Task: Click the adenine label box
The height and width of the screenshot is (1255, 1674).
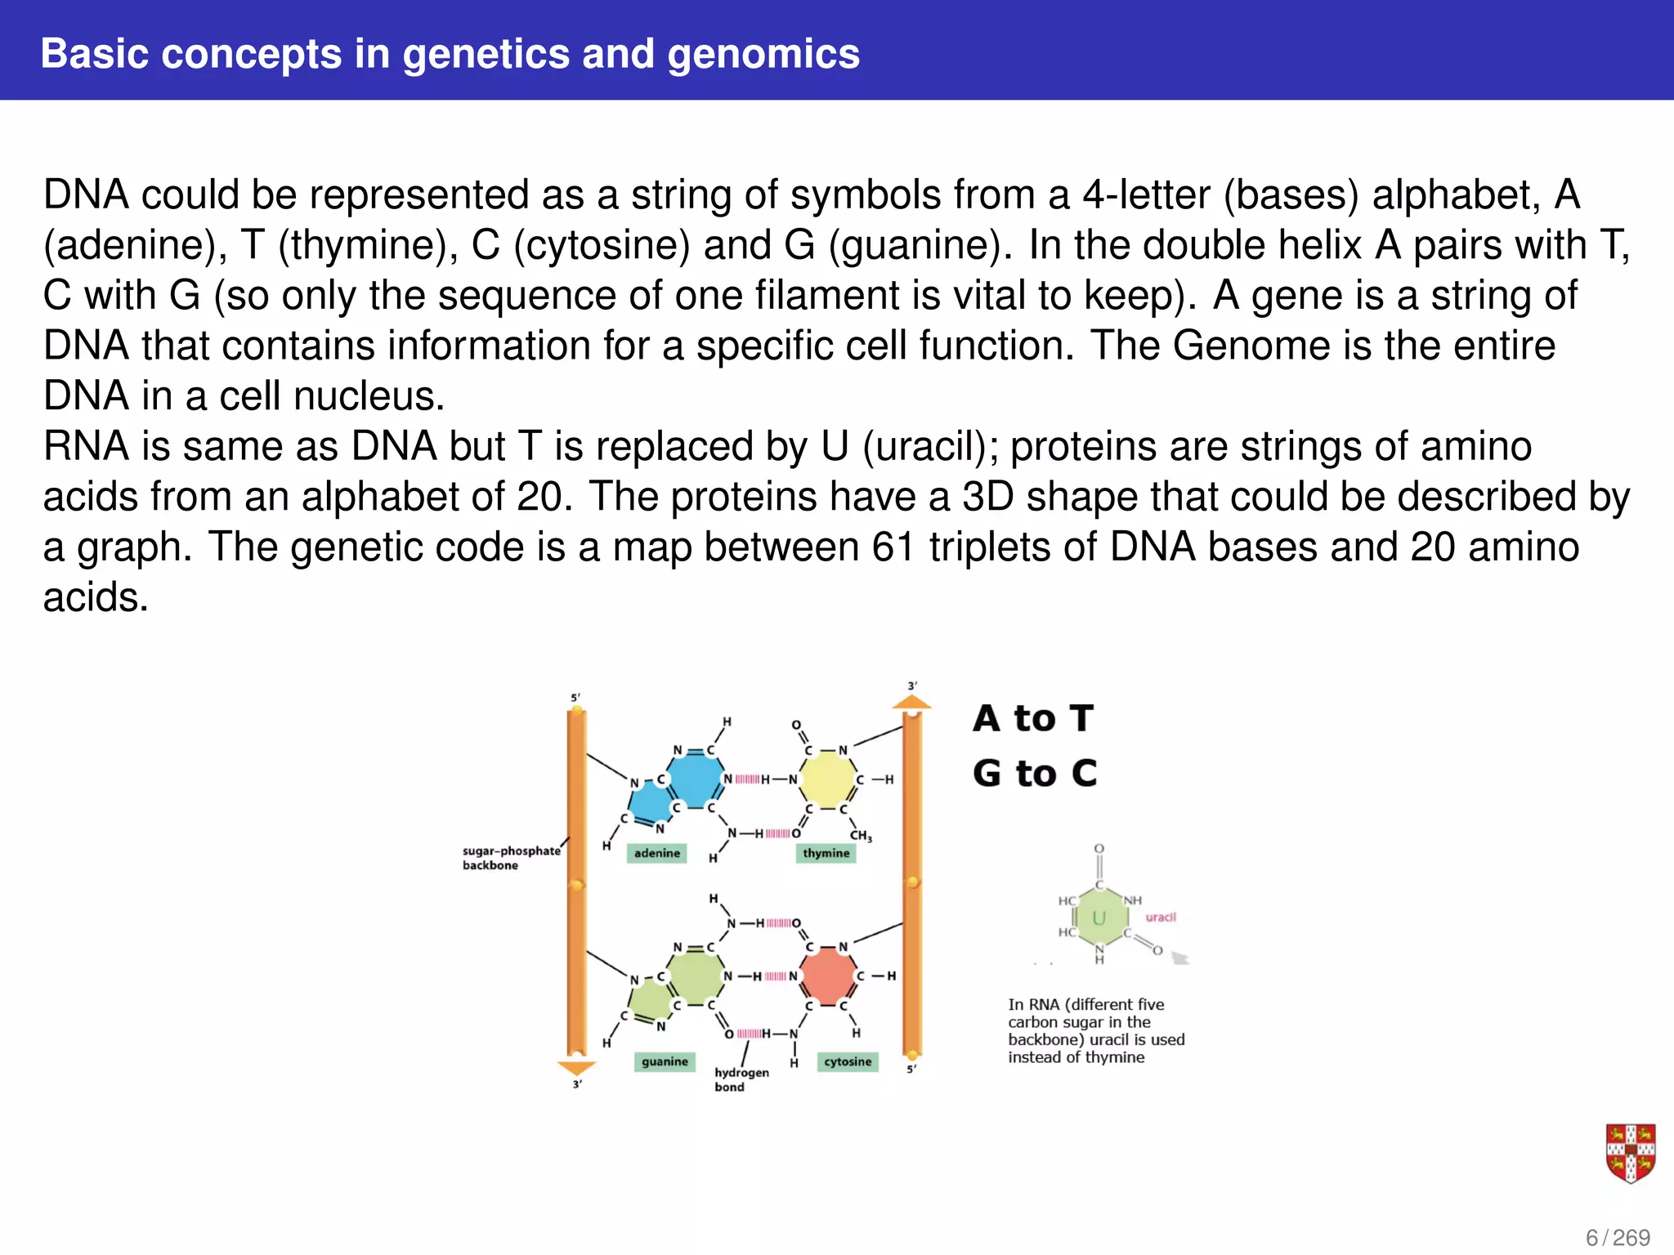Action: (657, 853)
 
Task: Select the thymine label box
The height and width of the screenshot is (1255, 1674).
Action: (826, 853)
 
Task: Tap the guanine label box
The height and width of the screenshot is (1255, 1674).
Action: (665, 1061)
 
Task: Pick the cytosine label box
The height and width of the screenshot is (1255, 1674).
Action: (848, 1061)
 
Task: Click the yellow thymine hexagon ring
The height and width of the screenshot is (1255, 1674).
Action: (827, 779)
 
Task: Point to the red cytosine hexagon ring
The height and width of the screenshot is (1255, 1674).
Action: (827, 976)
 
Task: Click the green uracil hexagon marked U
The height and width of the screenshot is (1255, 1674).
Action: (1099, 918)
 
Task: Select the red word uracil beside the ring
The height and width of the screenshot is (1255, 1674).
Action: (1160, 917)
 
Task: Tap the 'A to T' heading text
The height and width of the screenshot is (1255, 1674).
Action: (1033, 718)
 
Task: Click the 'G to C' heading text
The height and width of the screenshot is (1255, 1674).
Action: (1035, 773)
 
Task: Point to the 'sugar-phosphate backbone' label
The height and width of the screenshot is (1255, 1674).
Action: (510, 858)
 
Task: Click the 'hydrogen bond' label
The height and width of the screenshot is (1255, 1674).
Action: (741, 1079)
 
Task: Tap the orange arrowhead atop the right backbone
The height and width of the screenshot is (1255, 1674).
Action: (911, 702)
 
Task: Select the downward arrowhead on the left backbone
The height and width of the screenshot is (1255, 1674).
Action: (576, 1068)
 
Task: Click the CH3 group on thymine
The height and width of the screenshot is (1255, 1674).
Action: (861, 835)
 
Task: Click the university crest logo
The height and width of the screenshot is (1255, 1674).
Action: (1630, 1152)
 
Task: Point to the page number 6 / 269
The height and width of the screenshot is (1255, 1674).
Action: (1618, 1238)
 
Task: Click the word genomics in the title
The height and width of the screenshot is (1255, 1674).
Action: (763, 54)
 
